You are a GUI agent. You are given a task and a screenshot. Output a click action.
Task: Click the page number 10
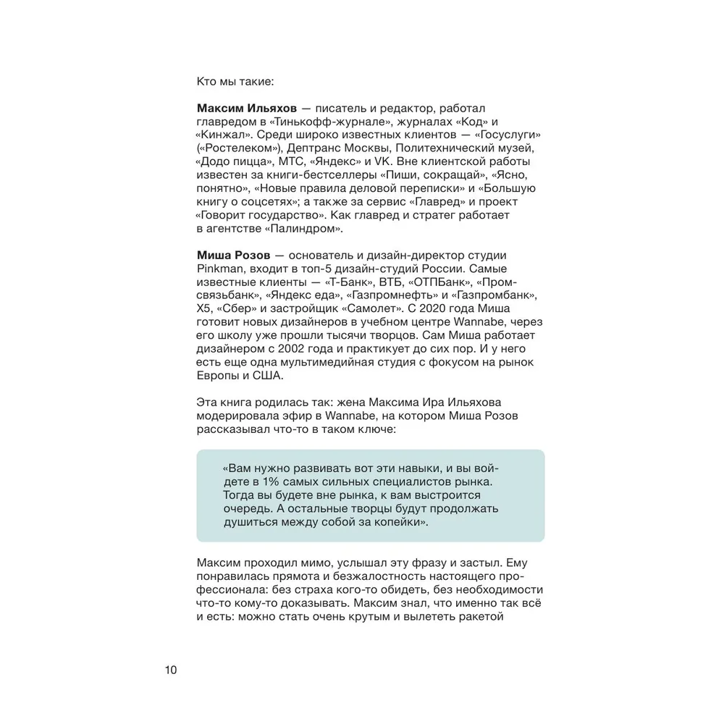pyautogui.click(x=170, y=670)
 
